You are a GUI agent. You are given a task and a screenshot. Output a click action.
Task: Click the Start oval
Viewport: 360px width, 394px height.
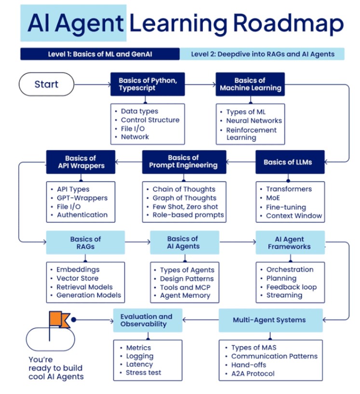pos(46,84)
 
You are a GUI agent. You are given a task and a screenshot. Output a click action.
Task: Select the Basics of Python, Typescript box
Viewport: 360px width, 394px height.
pos(147,84)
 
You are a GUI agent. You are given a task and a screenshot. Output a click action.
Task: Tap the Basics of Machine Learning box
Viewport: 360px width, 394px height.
pos(250,84)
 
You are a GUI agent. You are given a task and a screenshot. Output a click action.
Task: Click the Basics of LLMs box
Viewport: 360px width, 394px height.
pos(290,162)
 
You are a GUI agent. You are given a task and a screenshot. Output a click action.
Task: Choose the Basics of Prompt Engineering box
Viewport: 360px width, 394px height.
pos(184,162)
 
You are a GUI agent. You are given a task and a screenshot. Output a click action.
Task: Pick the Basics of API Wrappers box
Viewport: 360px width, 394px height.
pos(80,162)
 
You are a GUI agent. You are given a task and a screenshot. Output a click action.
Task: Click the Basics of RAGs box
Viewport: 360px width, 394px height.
pos(85,243)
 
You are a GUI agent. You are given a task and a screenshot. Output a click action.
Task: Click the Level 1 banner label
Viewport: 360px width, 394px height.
pos(99,54)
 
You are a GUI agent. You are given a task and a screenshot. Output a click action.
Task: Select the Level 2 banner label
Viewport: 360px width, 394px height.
pos(262,54)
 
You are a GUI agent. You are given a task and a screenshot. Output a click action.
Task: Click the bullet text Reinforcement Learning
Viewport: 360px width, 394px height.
pos(252,134)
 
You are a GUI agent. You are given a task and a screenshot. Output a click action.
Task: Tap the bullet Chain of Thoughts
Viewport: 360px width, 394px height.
pos(184,189)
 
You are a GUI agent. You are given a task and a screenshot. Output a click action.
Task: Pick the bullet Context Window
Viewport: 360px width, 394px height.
pos(294,216)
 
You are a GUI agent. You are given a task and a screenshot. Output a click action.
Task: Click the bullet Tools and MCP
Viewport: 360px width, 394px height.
pos(185,287)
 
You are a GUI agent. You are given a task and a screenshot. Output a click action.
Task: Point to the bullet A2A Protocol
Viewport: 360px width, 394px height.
pos(253,373)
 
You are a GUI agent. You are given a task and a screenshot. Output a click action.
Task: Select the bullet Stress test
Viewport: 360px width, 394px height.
pos(143,372)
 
